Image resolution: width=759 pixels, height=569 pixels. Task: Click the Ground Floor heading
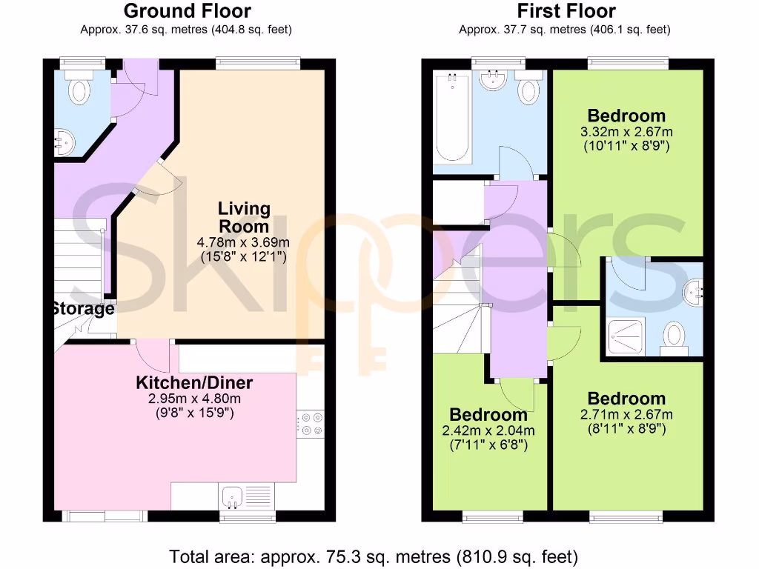coord(187,11)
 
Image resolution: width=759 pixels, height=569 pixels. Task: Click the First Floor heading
coord(566,11)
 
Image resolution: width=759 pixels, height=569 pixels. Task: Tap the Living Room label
coord(243,218)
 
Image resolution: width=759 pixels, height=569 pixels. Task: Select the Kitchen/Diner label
coord(194,383)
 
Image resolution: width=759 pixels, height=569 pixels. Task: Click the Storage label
coord(83,309)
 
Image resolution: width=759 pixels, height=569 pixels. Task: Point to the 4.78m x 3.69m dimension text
coord(243,242)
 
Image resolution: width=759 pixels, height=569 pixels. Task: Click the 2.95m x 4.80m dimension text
coord(194,399)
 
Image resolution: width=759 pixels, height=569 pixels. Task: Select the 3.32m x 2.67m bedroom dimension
coord(626,132)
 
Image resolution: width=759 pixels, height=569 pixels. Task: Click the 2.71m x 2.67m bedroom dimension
coord(626,414)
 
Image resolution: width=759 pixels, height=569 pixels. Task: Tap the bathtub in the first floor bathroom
coord(452,119)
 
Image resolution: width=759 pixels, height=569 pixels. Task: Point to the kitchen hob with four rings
coord(310,425)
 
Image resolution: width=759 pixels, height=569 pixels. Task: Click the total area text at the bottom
coord(374,556)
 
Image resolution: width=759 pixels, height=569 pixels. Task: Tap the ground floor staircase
coord(78,256)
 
